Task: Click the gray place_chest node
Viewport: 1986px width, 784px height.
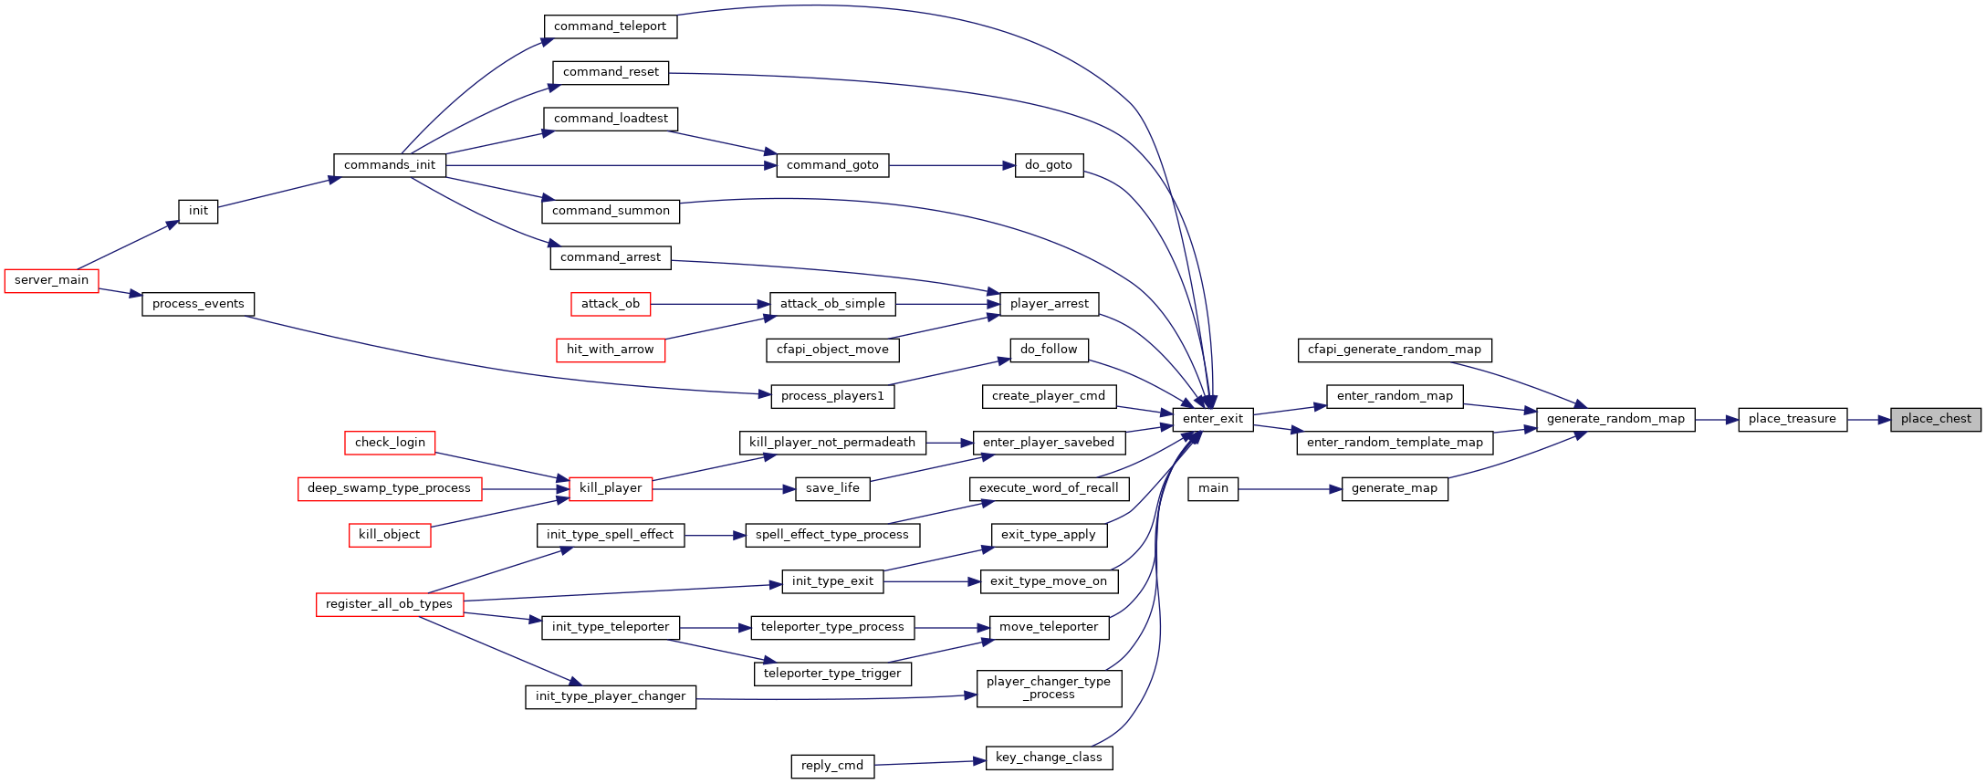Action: [x=1936, y=420]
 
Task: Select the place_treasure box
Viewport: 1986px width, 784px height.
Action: [x=1793, y=420]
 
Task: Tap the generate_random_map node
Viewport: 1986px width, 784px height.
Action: [x=1615, y=420]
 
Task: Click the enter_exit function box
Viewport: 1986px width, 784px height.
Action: [x=1213, y=420]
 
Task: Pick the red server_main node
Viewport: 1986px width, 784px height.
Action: [x=52, y=280]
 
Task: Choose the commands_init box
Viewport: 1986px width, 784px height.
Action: [x=390, y=165]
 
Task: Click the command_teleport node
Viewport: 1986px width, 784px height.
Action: [x=611, y=26]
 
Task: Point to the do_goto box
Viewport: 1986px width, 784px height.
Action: [x=1049, y=165]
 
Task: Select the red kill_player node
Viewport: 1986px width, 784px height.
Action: [x=611, y=488]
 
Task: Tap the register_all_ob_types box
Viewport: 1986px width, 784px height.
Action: [x=390, y=604]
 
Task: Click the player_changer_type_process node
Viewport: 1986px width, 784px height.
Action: [x=1049, y=688]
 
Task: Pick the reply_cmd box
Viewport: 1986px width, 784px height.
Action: [x=832, y=766]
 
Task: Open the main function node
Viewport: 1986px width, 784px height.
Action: [x=1213, y=488]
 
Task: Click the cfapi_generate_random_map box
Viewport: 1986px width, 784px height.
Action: [x=1395, y=350]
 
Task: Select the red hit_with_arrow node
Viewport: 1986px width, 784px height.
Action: [x=611, y=350]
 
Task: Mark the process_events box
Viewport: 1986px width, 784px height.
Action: [x=198, y=304]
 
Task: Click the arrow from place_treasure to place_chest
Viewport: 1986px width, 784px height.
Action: [x=1869, y=420]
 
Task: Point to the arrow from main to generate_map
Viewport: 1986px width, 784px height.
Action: [x=1291, y=489]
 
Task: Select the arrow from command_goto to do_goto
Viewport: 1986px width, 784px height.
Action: [x=952, y=165]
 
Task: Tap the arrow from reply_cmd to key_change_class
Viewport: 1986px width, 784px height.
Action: [x=930, y=763]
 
